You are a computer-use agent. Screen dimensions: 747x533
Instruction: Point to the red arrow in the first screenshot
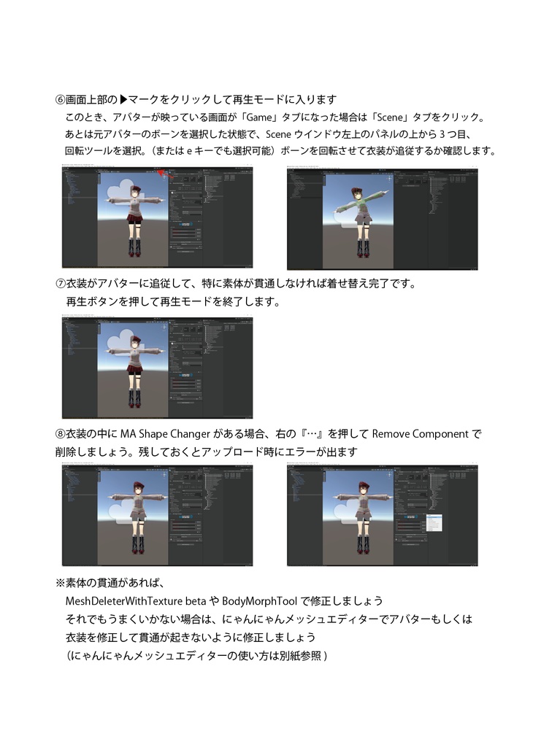coord(166,174)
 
